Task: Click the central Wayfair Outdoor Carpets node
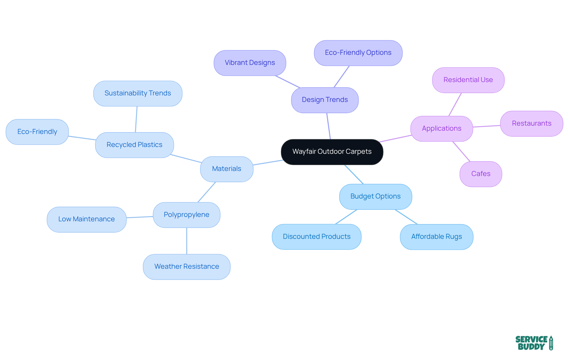tap(332, 152)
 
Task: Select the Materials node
tap(227, 169)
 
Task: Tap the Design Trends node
tap(325, 100)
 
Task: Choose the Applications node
tap(442, 129)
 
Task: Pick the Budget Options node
tap(375, 196)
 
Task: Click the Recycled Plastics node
tap(134, 145)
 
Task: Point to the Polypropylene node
tap(186, 215)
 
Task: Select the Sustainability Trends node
tap(138, 93)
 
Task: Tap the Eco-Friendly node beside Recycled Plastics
tap(37, 132)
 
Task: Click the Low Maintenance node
tap(87, 219)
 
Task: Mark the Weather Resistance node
tap(187, 267)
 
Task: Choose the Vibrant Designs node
tap(250, 63)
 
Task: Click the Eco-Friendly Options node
tap(358, 53)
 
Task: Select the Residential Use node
tap(468, 80)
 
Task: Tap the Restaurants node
tap(532, 124)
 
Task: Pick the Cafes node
tap(481, 174)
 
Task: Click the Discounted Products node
tap(317, 237)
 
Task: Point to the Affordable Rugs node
tap(437, 237)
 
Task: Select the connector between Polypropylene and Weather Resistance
tap(187, 241)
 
